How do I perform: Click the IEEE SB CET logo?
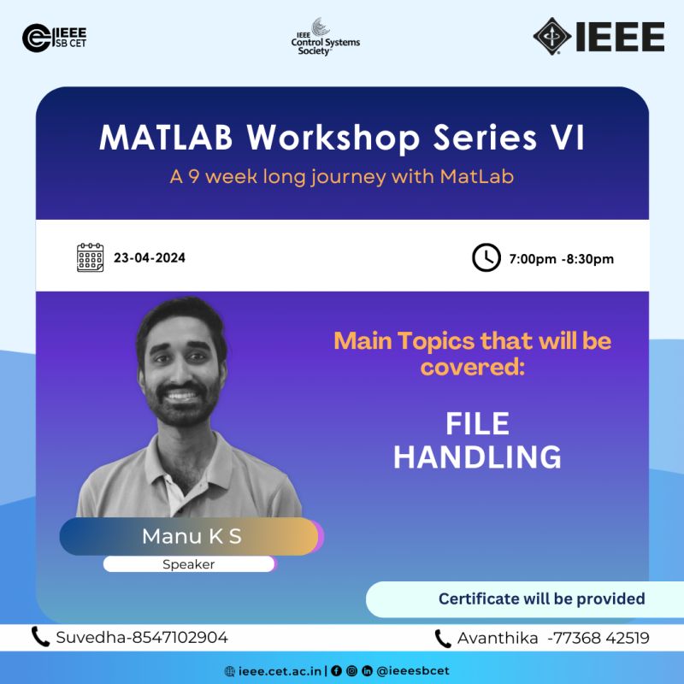54,38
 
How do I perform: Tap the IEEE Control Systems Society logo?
326,37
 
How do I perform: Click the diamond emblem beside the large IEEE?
551,36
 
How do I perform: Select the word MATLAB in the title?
166,138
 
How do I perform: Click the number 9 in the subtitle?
194,177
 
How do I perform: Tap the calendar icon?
91,257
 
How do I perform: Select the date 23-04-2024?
150,258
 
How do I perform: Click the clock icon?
486,257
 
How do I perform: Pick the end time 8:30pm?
590,259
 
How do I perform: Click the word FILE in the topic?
477,423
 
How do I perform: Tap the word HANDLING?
477,457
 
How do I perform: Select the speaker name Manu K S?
192,536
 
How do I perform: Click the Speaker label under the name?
188,564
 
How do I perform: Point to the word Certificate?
479,598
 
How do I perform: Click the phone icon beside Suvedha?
39,636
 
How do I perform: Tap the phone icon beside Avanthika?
442,639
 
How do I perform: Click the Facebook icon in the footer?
336,671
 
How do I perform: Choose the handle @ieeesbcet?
413,671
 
